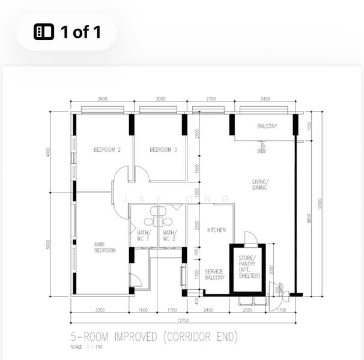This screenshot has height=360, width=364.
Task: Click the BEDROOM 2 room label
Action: pos(107,150)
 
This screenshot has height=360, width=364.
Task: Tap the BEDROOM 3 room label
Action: pos(163,150)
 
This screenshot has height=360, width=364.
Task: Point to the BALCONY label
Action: pos(267,127)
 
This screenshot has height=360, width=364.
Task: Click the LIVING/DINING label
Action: pos(259,185)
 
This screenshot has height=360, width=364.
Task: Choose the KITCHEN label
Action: pos(216,230)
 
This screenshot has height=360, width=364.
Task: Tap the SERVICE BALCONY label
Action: pos(214,275)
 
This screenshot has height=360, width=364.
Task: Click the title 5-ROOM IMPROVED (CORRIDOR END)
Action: pos(154,336)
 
